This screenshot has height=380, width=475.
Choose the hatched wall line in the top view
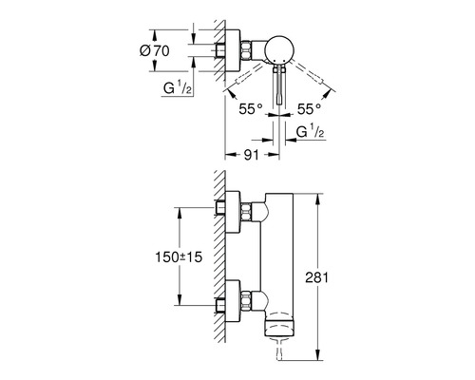(x=218, y=57)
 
